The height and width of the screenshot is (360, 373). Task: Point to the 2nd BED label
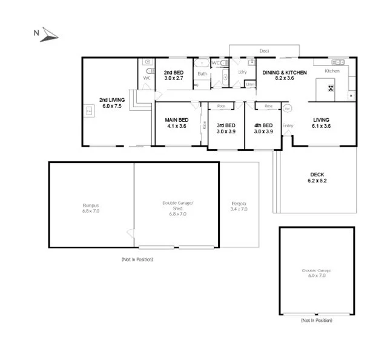(x=173, y=75)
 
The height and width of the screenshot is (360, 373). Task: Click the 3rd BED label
(x=225, y=128)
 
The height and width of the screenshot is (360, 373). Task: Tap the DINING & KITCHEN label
(x=284, y=75)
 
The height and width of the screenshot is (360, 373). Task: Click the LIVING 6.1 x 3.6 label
(x=321, y=123)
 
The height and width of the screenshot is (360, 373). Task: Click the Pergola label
(x=239, y=206)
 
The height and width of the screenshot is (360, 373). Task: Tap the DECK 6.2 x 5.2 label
(x=317, y=178)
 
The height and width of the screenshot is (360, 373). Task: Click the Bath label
(x=202, y=74)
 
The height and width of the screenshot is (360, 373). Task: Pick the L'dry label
(x=243, y=72)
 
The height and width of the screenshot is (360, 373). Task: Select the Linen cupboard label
(x=250, y=84)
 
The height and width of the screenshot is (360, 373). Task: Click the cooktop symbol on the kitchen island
(x=331, y=89)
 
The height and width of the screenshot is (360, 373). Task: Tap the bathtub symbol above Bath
(x=201, y=62)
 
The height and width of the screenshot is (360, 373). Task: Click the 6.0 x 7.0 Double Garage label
(x=317, y=273)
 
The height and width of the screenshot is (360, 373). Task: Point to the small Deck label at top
(x=264, y=51)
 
